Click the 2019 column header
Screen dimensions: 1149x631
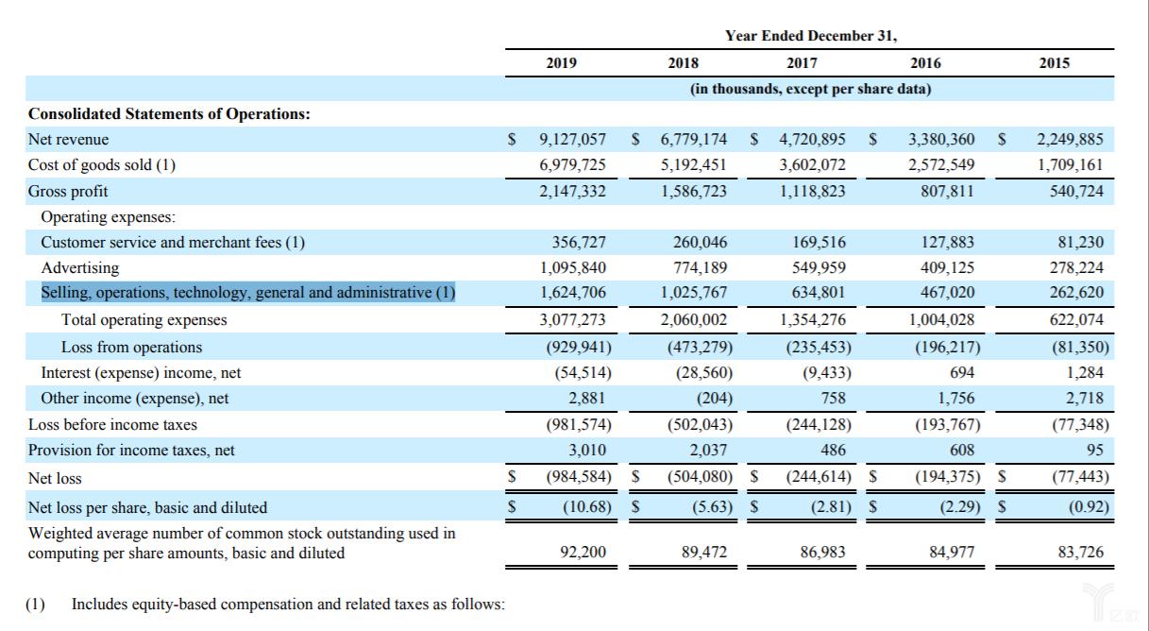point(561,63)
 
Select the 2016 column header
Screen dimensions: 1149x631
point(925,63)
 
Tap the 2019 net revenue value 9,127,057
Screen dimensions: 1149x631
point(572,139)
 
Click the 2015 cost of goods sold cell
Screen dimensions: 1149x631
point(1070,164)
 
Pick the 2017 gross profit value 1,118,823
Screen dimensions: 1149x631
point(813,191)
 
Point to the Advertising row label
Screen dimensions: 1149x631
point(80,267)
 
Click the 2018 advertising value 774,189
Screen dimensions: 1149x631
point(701,267)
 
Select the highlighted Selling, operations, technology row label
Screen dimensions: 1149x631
point(248,293)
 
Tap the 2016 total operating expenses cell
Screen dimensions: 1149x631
point(941,319)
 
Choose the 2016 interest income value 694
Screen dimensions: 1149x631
point(962,372)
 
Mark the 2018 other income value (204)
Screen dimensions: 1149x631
point(714,398)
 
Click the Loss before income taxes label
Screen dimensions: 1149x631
point(112,424)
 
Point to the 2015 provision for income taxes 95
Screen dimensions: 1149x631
point(1094,450)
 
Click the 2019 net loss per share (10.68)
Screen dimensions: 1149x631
point(587,507)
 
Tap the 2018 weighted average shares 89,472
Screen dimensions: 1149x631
point(704,552)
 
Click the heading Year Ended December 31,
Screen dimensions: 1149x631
point(811,35)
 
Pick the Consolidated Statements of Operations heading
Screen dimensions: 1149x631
point(169,113)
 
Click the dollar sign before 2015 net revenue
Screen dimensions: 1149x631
point(1002,139)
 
